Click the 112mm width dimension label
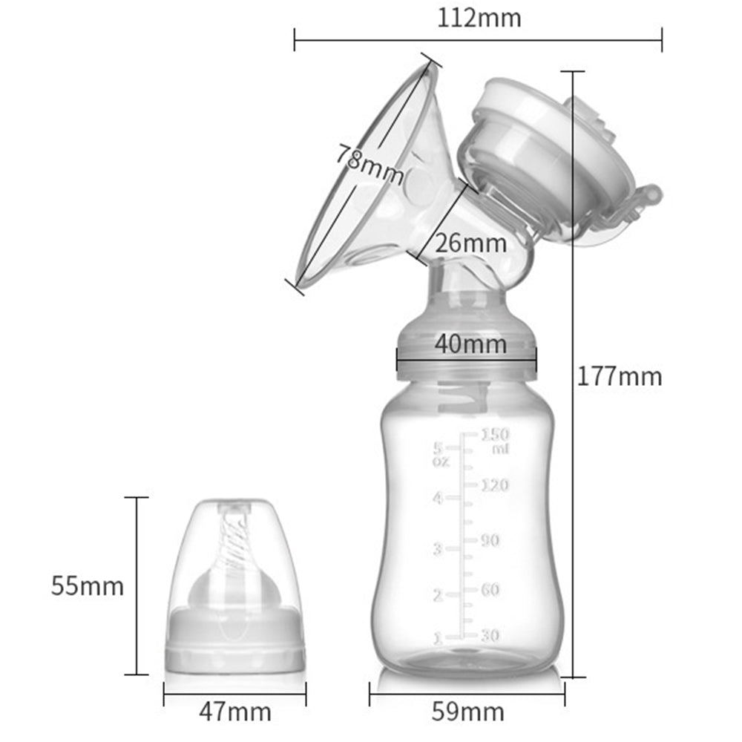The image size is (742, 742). [x=479, y=16]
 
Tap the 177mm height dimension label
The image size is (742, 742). [x=620, y=376]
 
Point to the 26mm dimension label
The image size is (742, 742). [x=471, y=243]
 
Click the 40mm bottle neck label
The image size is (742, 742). [x=470, y=344]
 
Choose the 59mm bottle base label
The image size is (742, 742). [x=467, y=712]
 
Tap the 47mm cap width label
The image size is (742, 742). [x=234, y=712]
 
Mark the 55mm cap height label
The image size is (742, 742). [x=87, y=586]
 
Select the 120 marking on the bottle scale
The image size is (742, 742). [x=495, y=485]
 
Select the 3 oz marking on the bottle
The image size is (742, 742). [x=438, y=550]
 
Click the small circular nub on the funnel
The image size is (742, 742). [x=417, y=181]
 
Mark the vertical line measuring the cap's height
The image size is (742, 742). [x=137, y=586]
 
